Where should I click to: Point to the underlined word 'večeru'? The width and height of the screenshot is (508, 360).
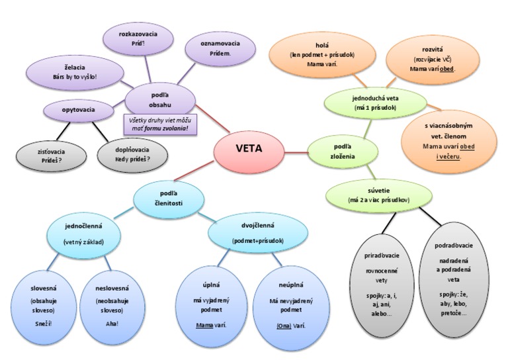coord(452,157)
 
